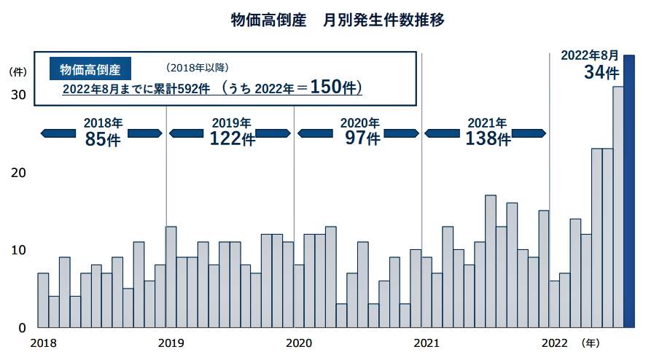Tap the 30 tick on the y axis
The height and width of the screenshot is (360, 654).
coord(18,95)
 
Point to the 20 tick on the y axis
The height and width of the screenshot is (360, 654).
coord(18,173)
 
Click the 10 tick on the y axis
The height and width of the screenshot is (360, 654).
coord(18,250)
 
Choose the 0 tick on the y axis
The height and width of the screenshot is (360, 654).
coord(23,328)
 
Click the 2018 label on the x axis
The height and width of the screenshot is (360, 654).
coord(43,343)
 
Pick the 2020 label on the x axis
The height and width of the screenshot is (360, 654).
coord(299,343)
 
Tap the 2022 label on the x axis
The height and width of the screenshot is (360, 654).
coord(555,343)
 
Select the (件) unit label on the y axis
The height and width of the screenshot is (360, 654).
coord(17,72)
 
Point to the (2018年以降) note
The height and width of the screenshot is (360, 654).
coord(197,68)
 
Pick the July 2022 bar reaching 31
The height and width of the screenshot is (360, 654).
coord(618,207)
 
